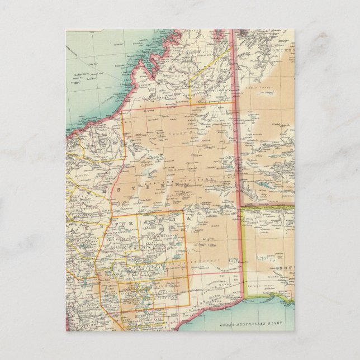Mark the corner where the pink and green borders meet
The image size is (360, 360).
click(241, 207)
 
